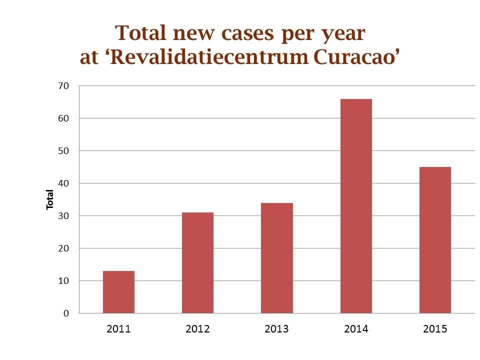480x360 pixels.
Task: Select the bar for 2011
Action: [x=118, y=292]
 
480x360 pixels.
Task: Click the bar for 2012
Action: [x=197, y=263]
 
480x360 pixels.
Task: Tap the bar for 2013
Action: [x=276, y=258]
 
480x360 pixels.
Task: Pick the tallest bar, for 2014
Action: [x=356, y=206]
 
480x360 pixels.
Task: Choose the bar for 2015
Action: [x=435, y=240]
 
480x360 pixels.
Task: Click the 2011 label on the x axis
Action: [x=118, y=329]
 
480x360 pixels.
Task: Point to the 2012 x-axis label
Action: [x=197, y=329]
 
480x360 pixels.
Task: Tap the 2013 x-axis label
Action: [x=276, y=329]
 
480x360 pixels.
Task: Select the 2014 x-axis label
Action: [x=356, y=329]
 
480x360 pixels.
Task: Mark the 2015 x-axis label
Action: [x=435, y=329]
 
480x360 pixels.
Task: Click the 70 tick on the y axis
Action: [x=63, y=86]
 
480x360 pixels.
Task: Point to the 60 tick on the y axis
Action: [x=63, y=118]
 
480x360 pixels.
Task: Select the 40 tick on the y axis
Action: [x=63, y=183]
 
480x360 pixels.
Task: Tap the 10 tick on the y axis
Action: [x=63, y=281]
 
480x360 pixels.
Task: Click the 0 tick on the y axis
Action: [x=65, y=313]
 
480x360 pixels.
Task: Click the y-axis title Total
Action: [x=50, y=199]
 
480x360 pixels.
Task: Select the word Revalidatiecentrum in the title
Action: [x=209, y=57]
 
